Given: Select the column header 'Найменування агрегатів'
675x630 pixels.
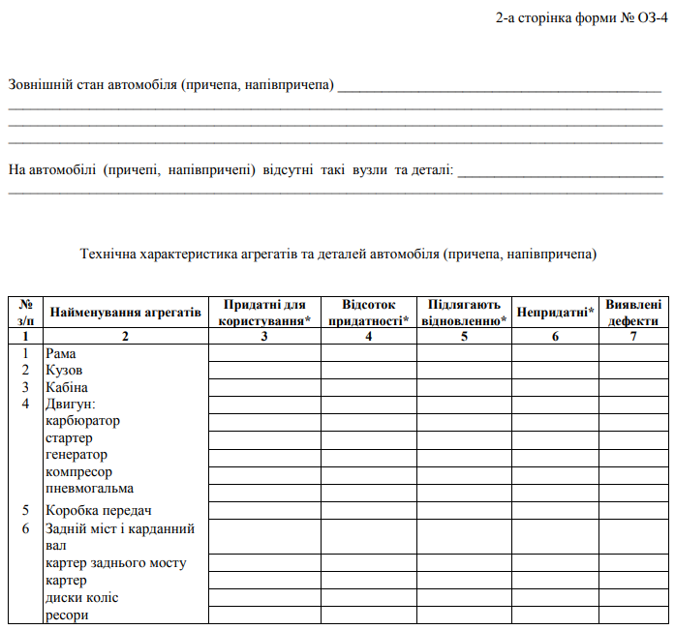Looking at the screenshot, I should click(x=125, y=313).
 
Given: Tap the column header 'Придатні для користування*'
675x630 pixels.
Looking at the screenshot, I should click(x=264, y=313).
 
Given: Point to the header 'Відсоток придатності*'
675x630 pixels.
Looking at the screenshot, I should click(x=368, y=313).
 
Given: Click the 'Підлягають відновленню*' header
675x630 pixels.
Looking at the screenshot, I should click(x=464, y=313).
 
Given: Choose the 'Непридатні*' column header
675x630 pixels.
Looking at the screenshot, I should click(x=555, y=313).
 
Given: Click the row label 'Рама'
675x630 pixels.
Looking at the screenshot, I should click(x=60, y=354).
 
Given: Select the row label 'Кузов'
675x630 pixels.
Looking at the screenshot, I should click(x=64, y=371).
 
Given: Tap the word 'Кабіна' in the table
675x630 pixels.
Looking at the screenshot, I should click(x=67, y=387).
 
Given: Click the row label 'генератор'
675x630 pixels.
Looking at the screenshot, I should click(x=77, y=454).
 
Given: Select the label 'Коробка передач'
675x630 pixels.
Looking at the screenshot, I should click(x=99, y=510).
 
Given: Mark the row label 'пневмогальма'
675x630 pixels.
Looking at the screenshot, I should click(x=89, y=488).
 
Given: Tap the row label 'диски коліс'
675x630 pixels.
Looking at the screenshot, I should click(x=81, y=598).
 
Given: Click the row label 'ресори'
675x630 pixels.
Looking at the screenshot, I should click(x=67, y=615).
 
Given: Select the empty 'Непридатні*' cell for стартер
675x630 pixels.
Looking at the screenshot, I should click(x=555, y=437).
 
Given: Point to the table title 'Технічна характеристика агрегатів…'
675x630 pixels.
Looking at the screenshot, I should click(x=338, y=255).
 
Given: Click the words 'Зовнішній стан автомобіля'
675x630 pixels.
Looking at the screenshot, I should click(x=92, y=85).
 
